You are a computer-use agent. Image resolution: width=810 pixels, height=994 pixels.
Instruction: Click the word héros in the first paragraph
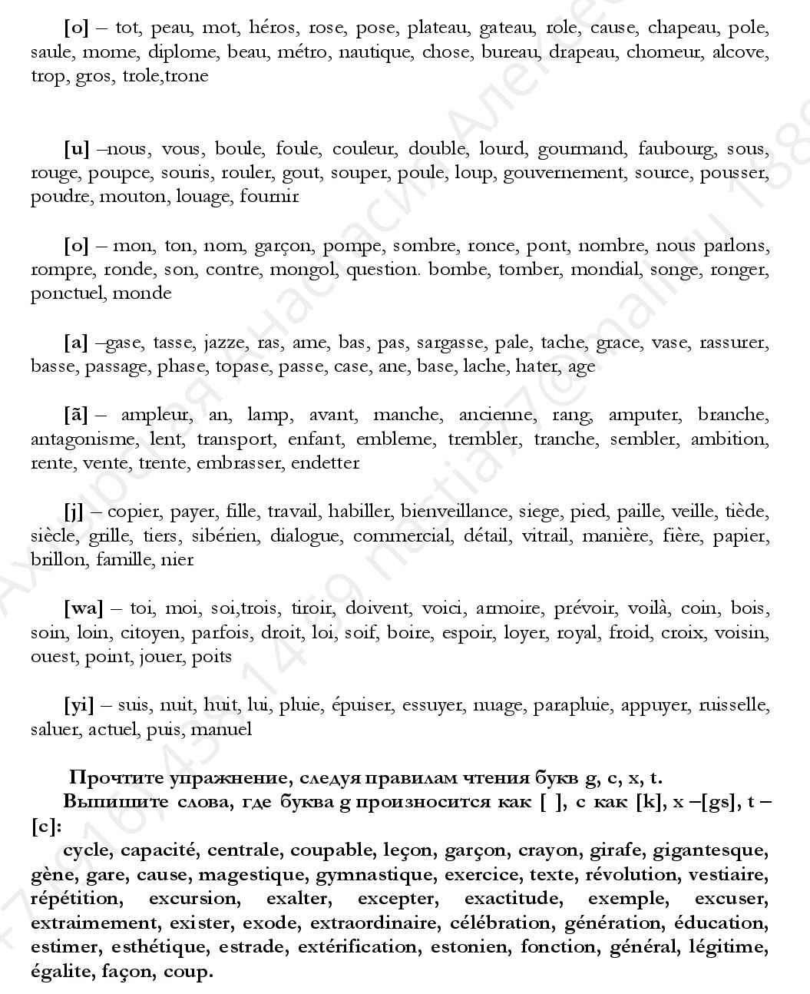[x=272, y=28]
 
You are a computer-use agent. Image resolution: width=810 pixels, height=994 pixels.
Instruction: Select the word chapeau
[x=682, y=28]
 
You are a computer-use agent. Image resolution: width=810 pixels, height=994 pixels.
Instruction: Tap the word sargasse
[x=450, y=343]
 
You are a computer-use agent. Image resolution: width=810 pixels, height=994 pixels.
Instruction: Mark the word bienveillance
[x=454, y=512]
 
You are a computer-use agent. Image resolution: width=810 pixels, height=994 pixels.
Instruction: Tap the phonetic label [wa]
[x=83, y=608]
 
